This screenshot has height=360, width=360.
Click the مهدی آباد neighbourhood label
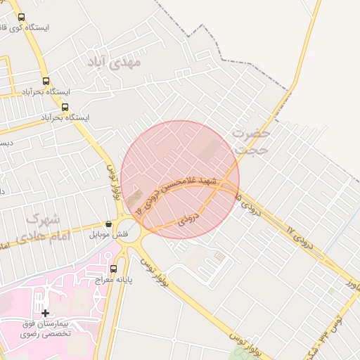(x=114, y=62)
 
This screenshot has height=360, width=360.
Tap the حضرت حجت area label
(x=251, y=141)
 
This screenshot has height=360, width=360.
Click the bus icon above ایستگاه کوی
(x=21, y=17)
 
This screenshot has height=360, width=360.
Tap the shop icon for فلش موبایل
(x=108, y=224)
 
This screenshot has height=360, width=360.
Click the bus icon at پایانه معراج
(x=113, y=269)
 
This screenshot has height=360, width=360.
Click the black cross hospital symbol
(x=45, y=312)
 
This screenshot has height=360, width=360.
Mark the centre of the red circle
(x=180, y=179)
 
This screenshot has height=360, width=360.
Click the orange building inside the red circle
(x=134, y=194)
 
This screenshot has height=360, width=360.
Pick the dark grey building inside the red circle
(x=210, y=151)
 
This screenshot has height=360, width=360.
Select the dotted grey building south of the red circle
(x=220, y=257)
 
